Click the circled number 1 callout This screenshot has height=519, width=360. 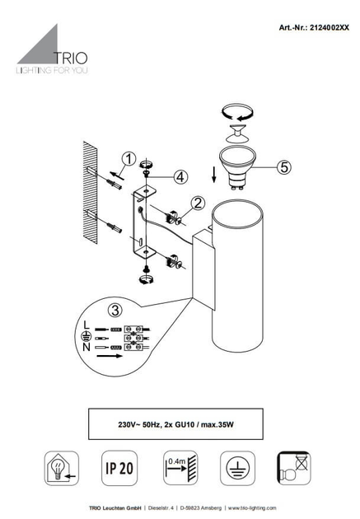click(129, 159)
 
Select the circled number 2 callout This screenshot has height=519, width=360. click(198, 203)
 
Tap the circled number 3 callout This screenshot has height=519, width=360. click(115, 311)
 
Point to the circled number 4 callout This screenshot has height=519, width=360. click(180, 177)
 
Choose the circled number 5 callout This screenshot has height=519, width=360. click(284, 167)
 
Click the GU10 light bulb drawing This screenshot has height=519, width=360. click(237, 168)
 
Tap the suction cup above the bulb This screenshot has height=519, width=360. click(237, 133)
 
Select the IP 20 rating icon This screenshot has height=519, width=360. click(119, 468)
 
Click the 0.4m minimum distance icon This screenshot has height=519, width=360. click(180, 468)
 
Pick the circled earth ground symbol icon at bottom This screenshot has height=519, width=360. click(237, 468)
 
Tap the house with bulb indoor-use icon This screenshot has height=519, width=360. click(62, 468)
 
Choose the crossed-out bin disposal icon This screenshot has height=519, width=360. click(294, 468)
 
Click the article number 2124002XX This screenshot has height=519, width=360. click(330, 27)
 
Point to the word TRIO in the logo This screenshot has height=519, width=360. click(71, 58)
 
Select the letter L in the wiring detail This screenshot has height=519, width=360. click(86, 325)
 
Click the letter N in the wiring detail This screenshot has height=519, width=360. click(86, 347)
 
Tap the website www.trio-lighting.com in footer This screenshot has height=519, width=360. click(252, 508)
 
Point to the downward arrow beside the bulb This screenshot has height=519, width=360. click(214, 175)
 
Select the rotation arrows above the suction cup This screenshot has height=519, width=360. click(237, 112)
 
